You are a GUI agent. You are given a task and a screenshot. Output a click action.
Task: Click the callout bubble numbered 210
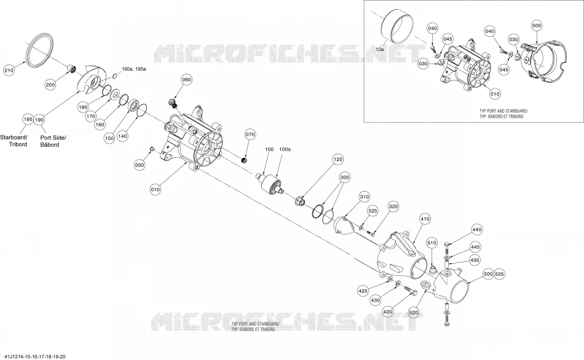point(9,70)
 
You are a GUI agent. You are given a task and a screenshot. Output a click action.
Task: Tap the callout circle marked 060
point(187,80)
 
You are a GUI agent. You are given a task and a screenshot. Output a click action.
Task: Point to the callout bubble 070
point(250,135)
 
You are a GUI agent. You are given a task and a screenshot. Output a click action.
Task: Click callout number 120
point(338,159)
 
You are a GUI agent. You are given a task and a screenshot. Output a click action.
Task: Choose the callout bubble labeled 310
point(365,197)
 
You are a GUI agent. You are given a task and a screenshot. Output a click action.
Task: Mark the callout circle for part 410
point(425,219)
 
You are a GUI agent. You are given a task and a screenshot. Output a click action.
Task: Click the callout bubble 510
point(432,243)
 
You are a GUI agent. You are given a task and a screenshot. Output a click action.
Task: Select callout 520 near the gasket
point(414,313)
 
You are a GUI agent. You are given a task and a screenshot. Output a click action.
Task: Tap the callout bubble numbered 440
point(477,230)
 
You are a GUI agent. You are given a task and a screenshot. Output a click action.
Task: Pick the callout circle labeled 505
point(499,274)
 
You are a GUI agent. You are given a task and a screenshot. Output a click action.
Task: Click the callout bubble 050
point(140,165)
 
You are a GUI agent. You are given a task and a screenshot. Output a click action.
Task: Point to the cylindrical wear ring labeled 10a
point(397,28)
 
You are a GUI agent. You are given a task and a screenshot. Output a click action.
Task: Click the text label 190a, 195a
point(134,69)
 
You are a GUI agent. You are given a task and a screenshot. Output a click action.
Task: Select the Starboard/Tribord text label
point(14,141)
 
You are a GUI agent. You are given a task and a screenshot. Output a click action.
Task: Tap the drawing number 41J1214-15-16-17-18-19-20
point(33,356)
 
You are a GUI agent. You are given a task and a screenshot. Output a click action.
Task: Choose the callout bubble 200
point(50,85)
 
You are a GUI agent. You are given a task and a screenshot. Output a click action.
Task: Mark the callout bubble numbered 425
point(363,291)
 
